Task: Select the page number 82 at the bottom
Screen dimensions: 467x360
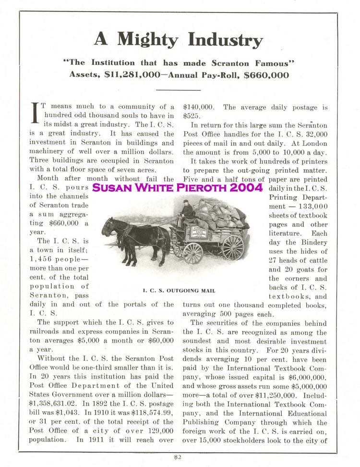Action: [x=178, y=457]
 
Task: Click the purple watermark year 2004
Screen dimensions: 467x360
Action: [x=246, y=188]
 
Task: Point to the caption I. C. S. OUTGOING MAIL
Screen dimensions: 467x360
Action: [x=179, y=290]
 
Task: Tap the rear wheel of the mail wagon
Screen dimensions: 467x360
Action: [x=233, y=247]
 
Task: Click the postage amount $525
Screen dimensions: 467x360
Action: [x=191, y=116]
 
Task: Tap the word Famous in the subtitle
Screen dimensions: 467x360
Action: [x=275, y=62]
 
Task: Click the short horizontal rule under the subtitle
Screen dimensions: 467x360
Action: [x=178, y=90]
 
